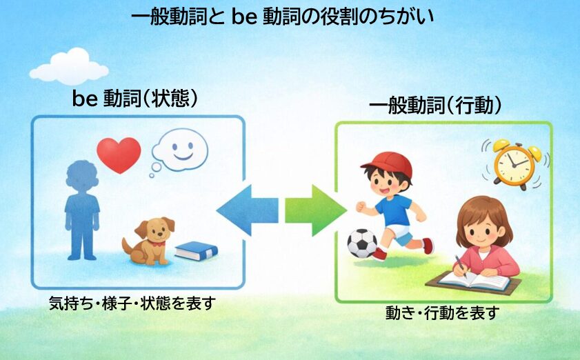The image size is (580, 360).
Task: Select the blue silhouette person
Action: point(81,207)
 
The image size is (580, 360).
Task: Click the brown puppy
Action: point(150,241)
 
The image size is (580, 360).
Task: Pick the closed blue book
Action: point(196,250)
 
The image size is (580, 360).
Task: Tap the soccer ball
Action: point(362,243)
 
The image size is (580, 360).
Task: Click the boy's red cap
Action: point(388,164)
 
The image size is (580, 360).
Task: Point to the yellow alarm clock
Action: point(514,163)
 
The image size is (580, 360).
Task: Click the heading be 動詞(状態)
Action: point(136,99)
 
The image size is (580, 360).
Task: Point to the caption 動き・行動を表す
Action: point(441,314)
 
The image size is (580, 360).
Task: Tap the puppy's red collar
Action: point(160,242)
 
